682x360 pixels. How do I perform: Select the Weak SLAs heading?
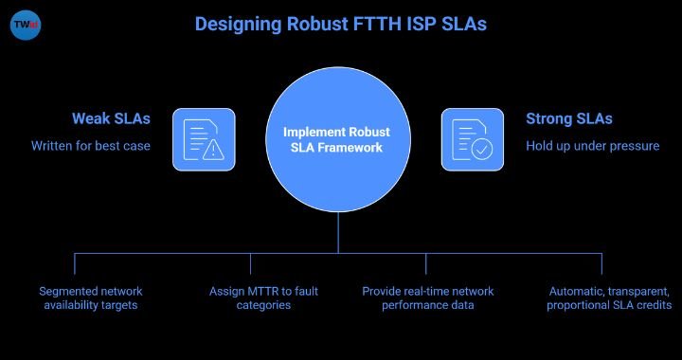click(112, 118)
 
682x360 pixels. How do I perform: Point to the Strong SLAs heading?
click(569, 118)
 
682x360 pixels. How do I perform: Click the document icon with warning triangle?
click(204, 139)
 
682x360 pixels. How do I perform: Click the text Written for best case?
click(91, 146)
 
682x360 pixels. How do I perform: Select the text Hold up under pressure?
click(593, 146)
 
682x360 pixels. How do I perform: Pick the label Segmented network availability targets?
click(91, 297)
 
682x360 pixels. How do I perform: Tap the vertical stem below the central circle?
click(338, 232)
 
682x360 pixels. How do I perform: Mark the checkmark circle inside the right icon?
click(482, 149)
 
